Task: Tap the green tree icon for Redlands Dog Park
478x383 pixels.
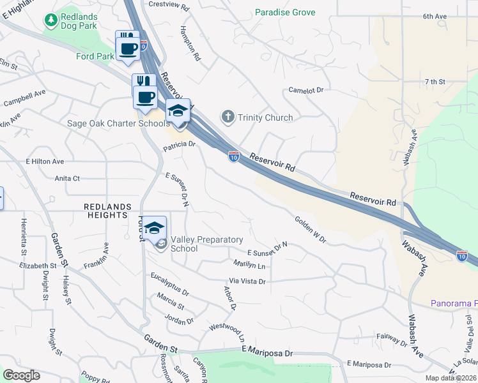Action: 50,20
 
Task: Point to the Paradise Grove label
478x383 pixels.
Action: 285,12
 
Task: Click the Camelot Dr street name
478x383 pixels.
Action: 307,91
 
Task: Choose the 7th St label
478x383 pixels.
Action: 434,82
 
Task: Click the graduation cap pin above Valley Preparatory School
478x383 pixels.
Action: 154,227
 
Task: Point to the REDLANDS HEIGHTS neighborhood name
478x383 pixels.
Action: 107,211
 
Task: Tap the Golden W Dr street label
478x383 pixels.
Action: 311,230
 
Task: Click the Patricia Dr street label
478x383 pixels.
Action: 178,145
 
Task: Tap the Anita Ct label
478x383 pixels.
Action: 67,178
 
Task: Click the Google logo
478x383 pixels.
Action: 21,375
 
